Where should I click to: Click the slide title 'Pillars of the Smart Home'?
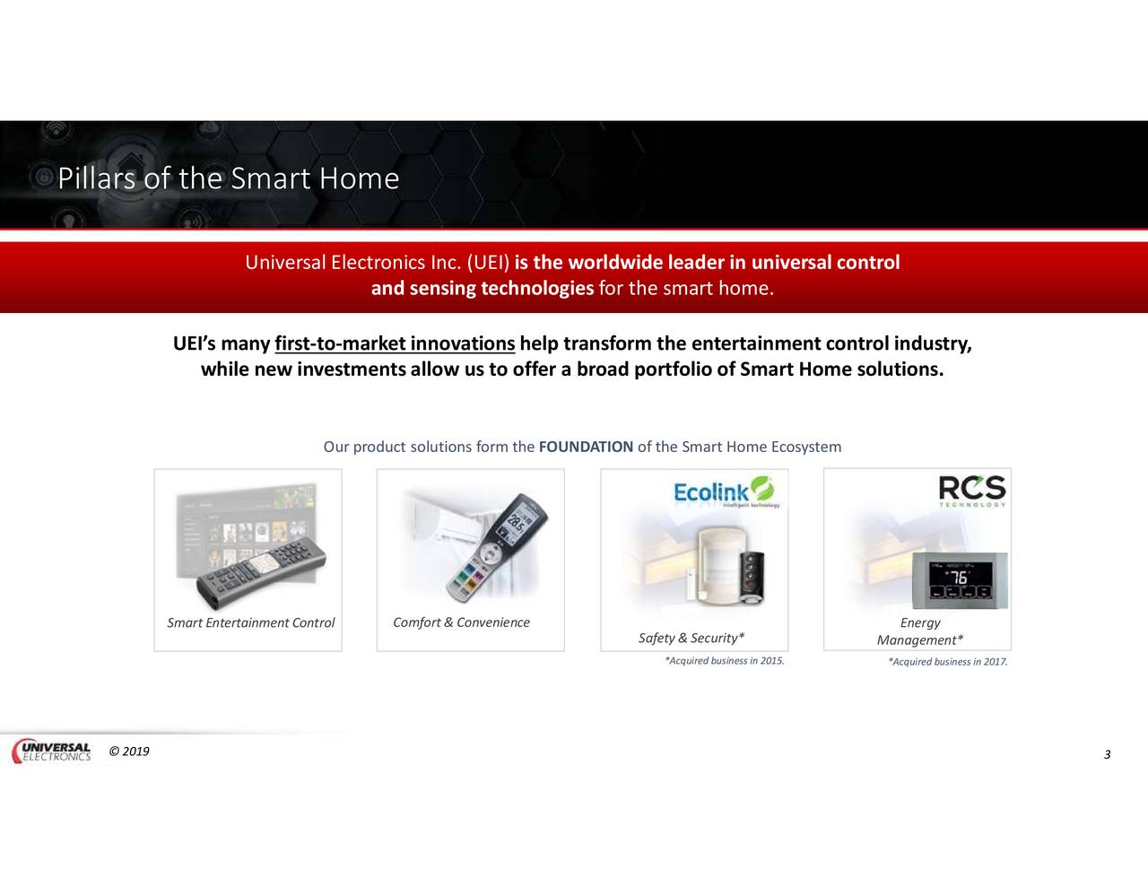pyautogui.click(x=228, y=178)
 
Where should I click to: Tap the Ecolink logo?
pyautogui.click(x=723, y=492)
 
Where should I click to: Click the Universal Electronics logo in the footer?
pyautogui.click(x=52, y=752)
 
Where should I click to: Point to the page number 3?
pyautogui.click(x=1107, y=754)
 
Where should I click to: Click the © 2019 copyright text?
pyautogui.click(x=129, y=752)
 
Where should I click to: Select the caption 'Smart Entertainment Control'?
pyautogui.click(x=250, y=622)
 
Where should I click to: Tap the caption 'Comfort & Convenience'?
pyautogui.click(x=461, y=622)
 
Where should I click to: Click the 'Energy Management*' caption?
pyautogui.click(x=920, y=631)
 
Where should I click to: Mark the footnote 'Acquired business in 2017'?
pyautogui.click(x=947, y=662)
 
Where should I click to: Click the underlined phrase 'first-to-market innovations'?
pyautogui.click(x=395, y=344)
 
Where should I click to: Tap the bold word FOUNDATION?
pyautogui.click(x=586, y=447)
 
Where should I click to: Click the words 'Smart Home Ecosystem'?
pyautogui.click(x=761, y=447)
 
